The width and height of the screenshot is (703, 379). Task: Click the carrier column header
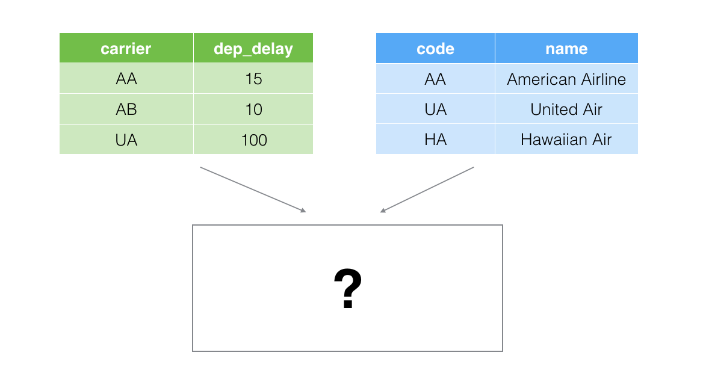[x=126, y=48]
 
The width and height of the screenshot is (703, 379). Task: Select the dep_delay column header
[x=253, y=48]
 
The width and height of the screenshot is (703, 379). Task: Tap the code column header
[x=435, y=48]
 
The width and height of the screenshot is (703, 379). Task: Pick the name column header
[x=567, y=48]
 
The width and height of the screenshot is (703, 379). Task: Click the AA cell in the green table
[x=126, y=78]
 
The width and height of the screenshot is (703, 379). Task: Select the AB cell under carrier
[x=126, y=109]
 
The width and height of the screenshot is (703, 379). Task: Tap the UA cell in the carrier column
[x=126, y=140]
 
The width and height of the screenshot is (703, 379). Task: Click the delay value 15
[x=253, y=78]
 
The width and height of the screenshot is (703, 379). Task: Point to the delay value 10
[x=253, y=109]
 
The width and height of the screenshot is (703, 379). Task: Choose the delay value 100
[x=253, y=140]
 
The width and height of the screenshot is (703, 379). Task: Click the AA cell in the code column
[x=435, y=79]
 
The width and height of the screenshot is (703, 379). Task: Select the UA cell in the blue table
[x=435, y=109]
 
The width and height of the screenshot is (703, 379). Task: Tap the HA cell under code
[x=435, y=140]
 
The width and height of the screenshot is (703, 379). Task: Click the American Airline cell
[x=567, y=79]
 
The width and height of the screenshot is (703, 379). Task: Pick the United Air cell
[x=567, y=109]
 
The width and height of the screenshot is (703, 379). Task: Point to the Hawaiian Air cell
[x=567, y=140]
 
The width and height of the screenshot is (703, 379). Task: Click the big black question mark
[x=348, y=289]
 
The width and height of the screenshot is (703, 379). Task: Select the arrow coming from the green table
[x=253, y=189]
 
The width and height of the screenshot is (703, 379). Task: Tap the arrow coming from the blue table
[x=427, y=189]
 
